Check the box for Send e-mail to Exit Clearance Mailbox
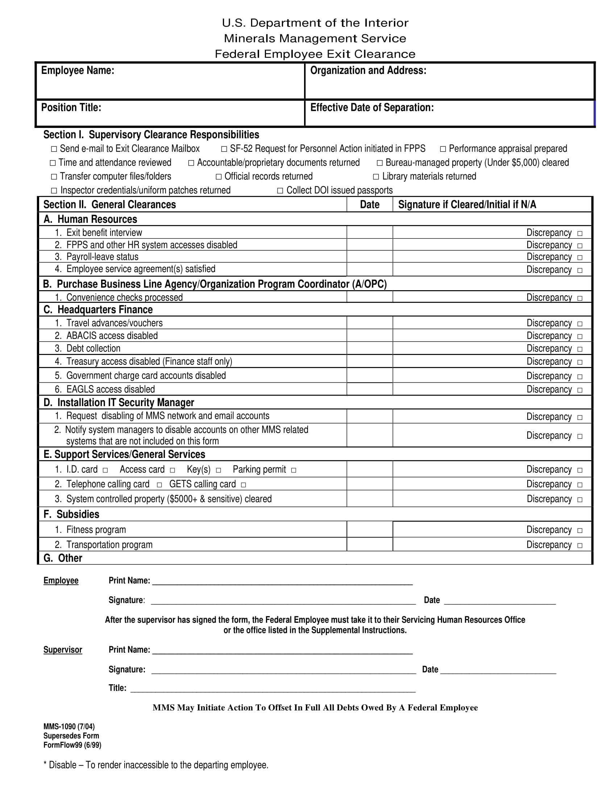[54, 149]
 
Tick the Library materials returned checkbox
[376, 177]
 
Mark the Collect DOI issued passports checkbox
[280, 191]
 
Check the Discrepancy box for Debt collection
[580, 349]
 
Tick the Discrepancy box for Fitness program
[580, 530]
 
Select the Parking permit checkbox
[294, 470]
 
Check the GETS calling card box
[244, 485]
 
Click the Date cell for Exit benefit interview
[369, 233]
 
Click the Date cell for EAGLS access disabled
[369, 389]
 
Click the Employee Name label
[78, 70]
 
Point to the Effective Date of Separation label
[372, 108]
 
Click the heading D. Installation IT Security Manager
[118, 402]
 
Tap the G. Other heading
[63, 558]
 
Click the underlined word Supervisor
[63, 650]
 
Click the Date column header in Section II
[369, 205]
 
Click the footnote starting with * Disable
[156, 765]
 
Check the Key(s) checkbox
[218, 470]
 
